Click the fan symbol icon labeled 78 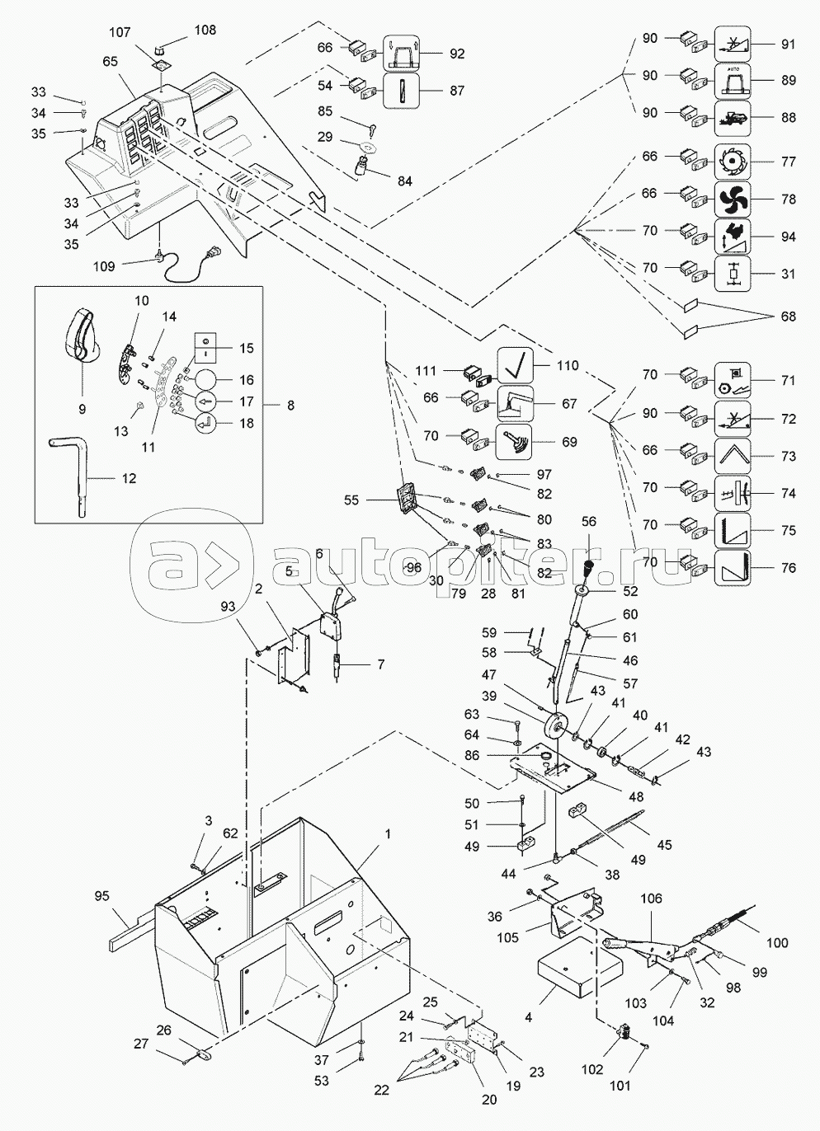730,199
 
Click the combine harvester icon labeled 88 730,117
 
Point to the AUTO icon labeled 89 730,80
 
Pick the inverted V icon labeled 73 730,456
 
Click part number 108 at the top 205,30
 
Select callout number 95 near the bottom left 101,896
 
